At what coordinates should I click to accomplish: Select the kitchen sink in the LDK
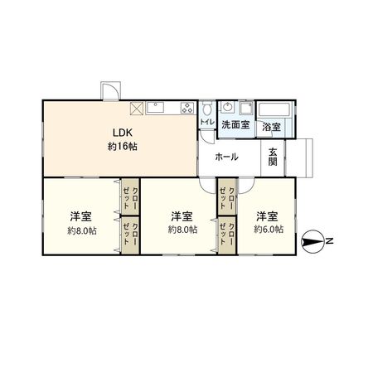pyautogui.click(x=158, y=108)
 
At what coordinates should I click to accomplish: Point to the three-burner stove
pyautogui.click(x=186, y=108)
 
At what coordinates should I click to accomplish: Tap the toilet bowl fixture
pyautogui.click(x=205, y=109)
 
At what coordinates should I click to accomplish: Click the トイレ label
pyautogui.click(x=206, y=124)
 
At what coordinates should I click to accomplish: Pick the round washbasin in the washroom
pyautogui.click(x=227, y=108)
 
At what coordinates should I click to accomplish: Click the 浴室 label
pyautogui.click(x=271, y=127)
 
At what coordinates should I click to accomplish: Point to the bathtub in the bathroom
pyautogui.click(x=273, y=109)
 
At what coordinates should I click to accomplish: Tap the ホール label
pyautogui.click(x=226, y=157)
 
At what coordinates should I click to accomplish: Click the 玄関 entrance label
pyautogui.click(x=274, y=156)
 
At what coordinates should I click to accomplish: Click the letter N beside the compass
pyautogui.click(x=329, y=242)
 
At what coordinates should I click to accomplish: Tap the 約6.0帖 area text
pyautogui.click(x=269, y=229)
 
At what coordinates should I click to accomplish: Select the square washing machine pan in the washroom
pyautogui.click(x=246, y=108)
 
